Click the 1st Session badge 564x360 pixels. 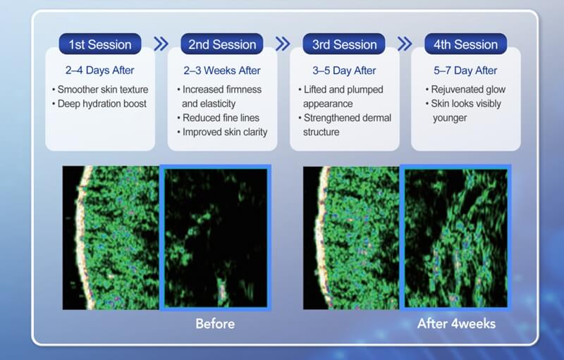(100, 44)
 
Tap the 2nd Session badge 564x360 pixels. (222, 44)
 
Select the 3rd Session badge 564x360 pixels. (345, 44)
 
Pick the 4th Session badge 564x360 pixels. (466, 44)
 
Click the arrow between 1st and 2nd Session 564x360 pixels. (161, 44)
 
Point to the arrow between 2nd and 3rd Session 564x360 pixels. (283, 44)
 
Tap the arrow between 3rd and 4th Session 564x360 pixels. (405, 44)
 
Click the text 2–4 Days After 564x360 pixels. (100, 70)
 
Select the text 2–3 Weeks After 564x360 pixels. (222, 70)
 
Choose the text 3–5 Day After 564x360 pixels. (345, 70)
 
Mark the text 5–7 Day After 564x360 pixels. (466, 70)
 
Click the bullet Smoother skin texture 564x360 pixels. (102, 89)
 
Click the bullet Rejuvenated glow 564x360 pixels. (465, 89)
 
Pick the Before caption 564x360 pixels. (215, 324)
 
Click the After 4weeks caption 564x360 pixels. (456, 324)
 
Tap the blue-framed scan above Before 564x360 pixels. (215, 238)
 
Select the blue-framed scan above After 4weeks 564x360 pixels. (455, 238)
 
